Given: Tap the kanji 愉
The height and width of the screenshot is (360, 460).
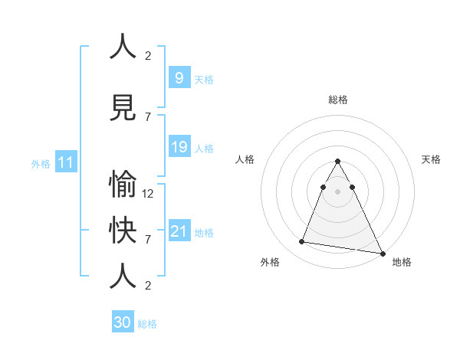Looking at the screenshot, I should click(x=123, y=186).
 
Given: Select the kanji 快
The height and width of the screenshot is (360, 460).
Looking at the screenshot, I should click(x=123, y=231).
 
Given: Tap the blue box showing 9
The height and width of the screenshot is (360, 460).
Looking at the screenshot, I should click(x=179, y=77).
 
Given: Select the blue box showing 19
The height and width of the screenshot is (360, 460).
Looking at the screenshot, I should click(x=179, y=147).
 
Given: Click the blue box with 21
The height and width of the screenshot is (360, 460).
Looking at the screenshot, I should click(x=179, y=231).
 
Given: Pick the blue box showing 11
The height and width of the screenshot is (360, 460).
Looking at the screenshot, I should click(x=65, y=162).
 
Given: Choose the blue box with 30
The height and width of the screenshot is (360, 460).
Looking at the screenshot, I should click(x=123, y=322).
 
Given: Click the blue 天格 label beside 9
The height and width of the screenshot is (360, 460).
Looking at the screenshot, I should click(x=204, y=80).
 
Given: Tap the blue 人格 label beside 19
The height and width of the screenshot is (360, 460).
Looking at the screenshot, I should click(x=204, y=149).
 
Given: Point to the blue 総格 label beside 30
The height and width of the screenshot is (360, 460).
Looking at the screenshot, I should click(x=147, y=324).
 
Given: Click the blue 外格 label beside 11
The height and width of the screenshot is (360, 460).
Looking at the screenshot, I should click(x=41, y=164).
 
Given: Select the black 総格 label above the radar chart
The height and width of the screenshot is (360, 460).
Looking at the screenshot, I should click(x=337, y=100).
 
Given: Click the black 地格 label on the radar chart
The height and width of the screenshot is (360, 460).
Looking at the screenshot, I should click(x=402, y=262).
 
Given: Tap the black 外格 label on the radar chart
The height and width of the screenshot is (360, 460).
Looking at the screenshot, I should click(x=270, y=262).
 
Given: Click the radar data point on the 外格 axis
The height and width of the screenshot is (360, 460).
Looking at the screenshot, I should click(x=302, y=242).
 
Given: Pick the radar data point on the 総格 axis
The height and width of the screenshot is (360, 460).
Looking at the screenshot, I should click(x=337, y=162).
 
